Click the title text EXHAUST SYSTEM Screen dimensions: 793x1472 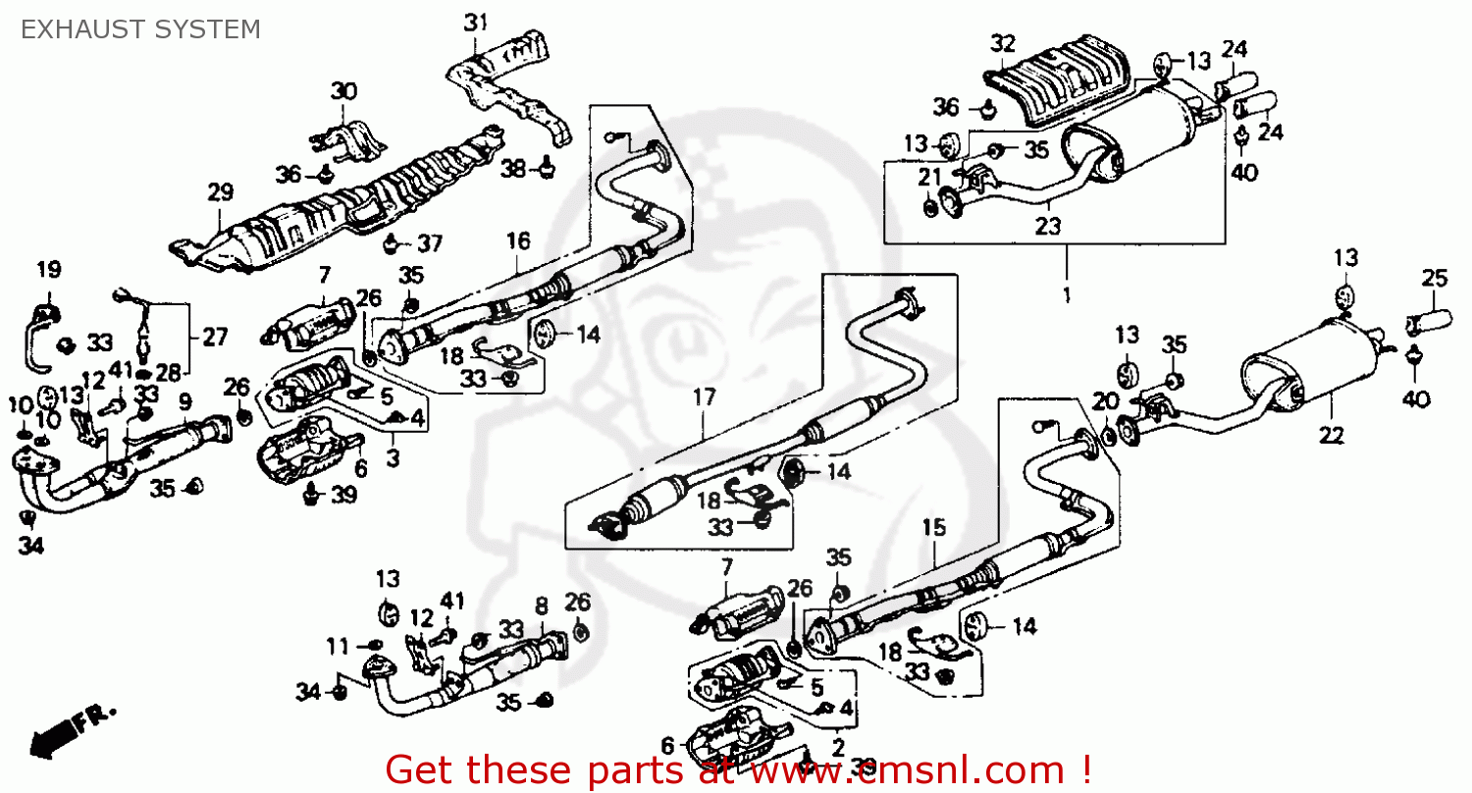point(141,29)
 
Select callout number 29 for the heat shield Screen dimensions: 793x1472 point(220,192)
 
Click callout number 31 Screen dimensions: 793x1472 point(475,23)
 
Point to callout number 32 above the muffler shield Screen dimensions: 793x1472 point(1002,44)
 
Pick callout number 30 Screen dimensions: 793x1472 point(343,92)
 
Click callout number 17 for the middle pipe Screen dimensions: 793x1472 point(704,398)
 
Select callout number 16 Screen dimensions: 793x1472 point(518,240)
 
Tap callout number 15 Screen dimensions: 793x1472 point(933,528)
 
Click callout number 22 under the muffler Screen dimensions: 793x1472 point(1334,435)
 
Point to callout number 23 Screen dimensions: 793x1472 point(1048,226)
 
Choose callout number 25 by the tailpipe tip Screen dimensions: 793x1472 point(1434,279)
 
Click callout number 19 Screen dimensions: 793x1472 point(49,269)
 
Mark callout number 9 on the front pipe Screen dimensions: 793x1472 point(185,400)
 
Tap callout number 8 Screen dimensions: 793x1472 point(542,607)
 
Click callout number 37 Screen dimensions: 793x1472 point(430,243)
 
